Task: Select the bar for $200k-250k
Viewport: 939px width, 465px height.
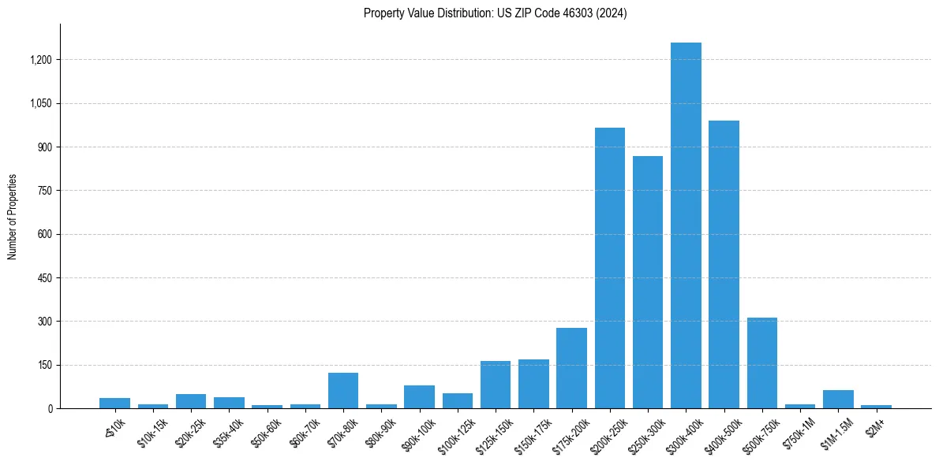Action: point(609,268)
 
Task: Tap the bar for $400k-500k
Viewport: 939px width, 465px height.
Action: point(724,264)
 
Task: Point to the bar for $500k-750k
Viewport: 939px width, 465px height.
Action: point(761,363)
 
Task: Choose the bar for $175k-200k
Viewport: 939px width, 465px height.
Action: point(571,368)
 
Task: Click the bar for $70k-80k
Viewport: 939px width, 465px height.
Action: point(343,390)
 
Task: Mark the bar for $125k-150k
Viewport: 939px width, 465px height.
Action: point(496,385)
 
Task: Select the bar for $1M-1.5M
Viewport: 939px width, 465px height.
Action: point(838,399)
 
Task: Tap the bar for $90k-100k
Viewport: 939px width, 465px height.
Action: point(419,396)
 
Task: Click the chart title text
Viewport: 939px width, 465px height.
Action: point(496,13)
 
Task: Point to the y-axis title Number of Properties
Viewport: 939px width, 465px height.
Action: point(13,217)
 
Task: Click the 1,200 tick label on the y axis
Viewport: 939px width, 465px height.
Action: point(40,60)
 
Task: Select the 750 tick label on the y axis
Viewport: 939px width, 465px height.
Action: point(44,191)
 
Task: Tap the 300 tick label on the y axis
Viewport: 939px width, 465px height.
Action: point(44,322)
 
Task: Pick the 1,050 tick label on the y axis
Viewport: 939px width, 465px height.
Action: point(40,103)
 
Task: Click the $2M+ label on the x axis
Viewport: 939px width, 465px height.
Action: point(875,425)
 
